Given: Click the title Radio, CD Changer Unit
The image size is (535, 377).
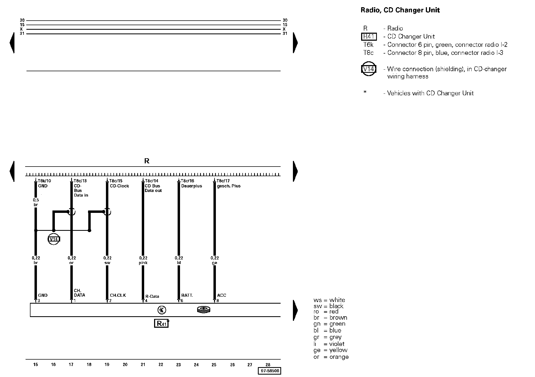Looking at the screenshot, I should click(400, 10).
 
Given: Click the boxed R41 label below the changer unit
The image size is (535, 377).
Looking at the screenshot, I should click(161, 323).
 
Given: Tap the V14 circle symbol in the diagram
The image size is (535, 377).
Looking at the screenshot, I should click(54, 239).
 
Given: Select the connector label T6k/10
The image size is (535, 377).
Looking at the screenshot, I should click(44, 181).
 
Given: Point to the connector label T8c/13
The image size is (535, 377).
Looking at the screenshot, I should click(80, 181).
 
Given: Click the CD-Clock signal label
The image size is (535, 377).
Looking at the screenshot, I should click(119, 186).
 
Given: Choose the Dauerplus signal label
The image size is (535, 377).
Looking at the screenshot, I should click(192, 186).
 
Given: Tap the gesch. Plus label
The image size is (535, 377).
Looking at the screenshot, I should click(229, 186).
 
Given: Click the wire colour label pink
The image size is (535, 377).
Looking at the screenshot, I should click(143, 263).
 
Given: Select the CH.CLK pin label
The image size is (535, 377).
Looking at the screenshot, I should click(118, 295).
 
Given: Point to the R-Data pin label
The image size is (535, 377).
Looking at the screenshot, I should click(152, 296).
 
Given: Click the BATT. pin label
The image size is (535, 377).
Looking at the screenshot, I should click(187, 295).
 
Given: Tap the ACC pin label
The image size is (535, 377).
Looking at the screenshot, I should click(221, 295).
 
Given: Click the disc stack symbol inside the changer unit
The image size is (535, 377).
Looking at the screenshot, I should click(204, 310).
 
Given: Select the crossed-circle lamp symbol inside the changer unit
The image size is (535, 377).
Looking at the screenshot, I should click(162, 310).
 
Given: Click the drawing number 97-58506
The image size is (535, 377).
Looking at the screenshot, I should click(269, 371).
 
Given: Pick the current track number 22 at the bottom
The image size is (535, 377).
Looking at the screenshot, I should click(161, 364).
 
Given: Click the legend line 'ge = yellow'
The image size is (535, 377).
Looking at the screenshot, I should click(330, 350).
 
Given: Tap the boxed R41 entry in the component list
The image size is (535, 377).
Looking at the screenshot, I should click(369, 37).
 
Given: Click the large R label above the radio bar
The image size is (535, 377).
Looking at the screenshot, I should click(147, 161).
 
